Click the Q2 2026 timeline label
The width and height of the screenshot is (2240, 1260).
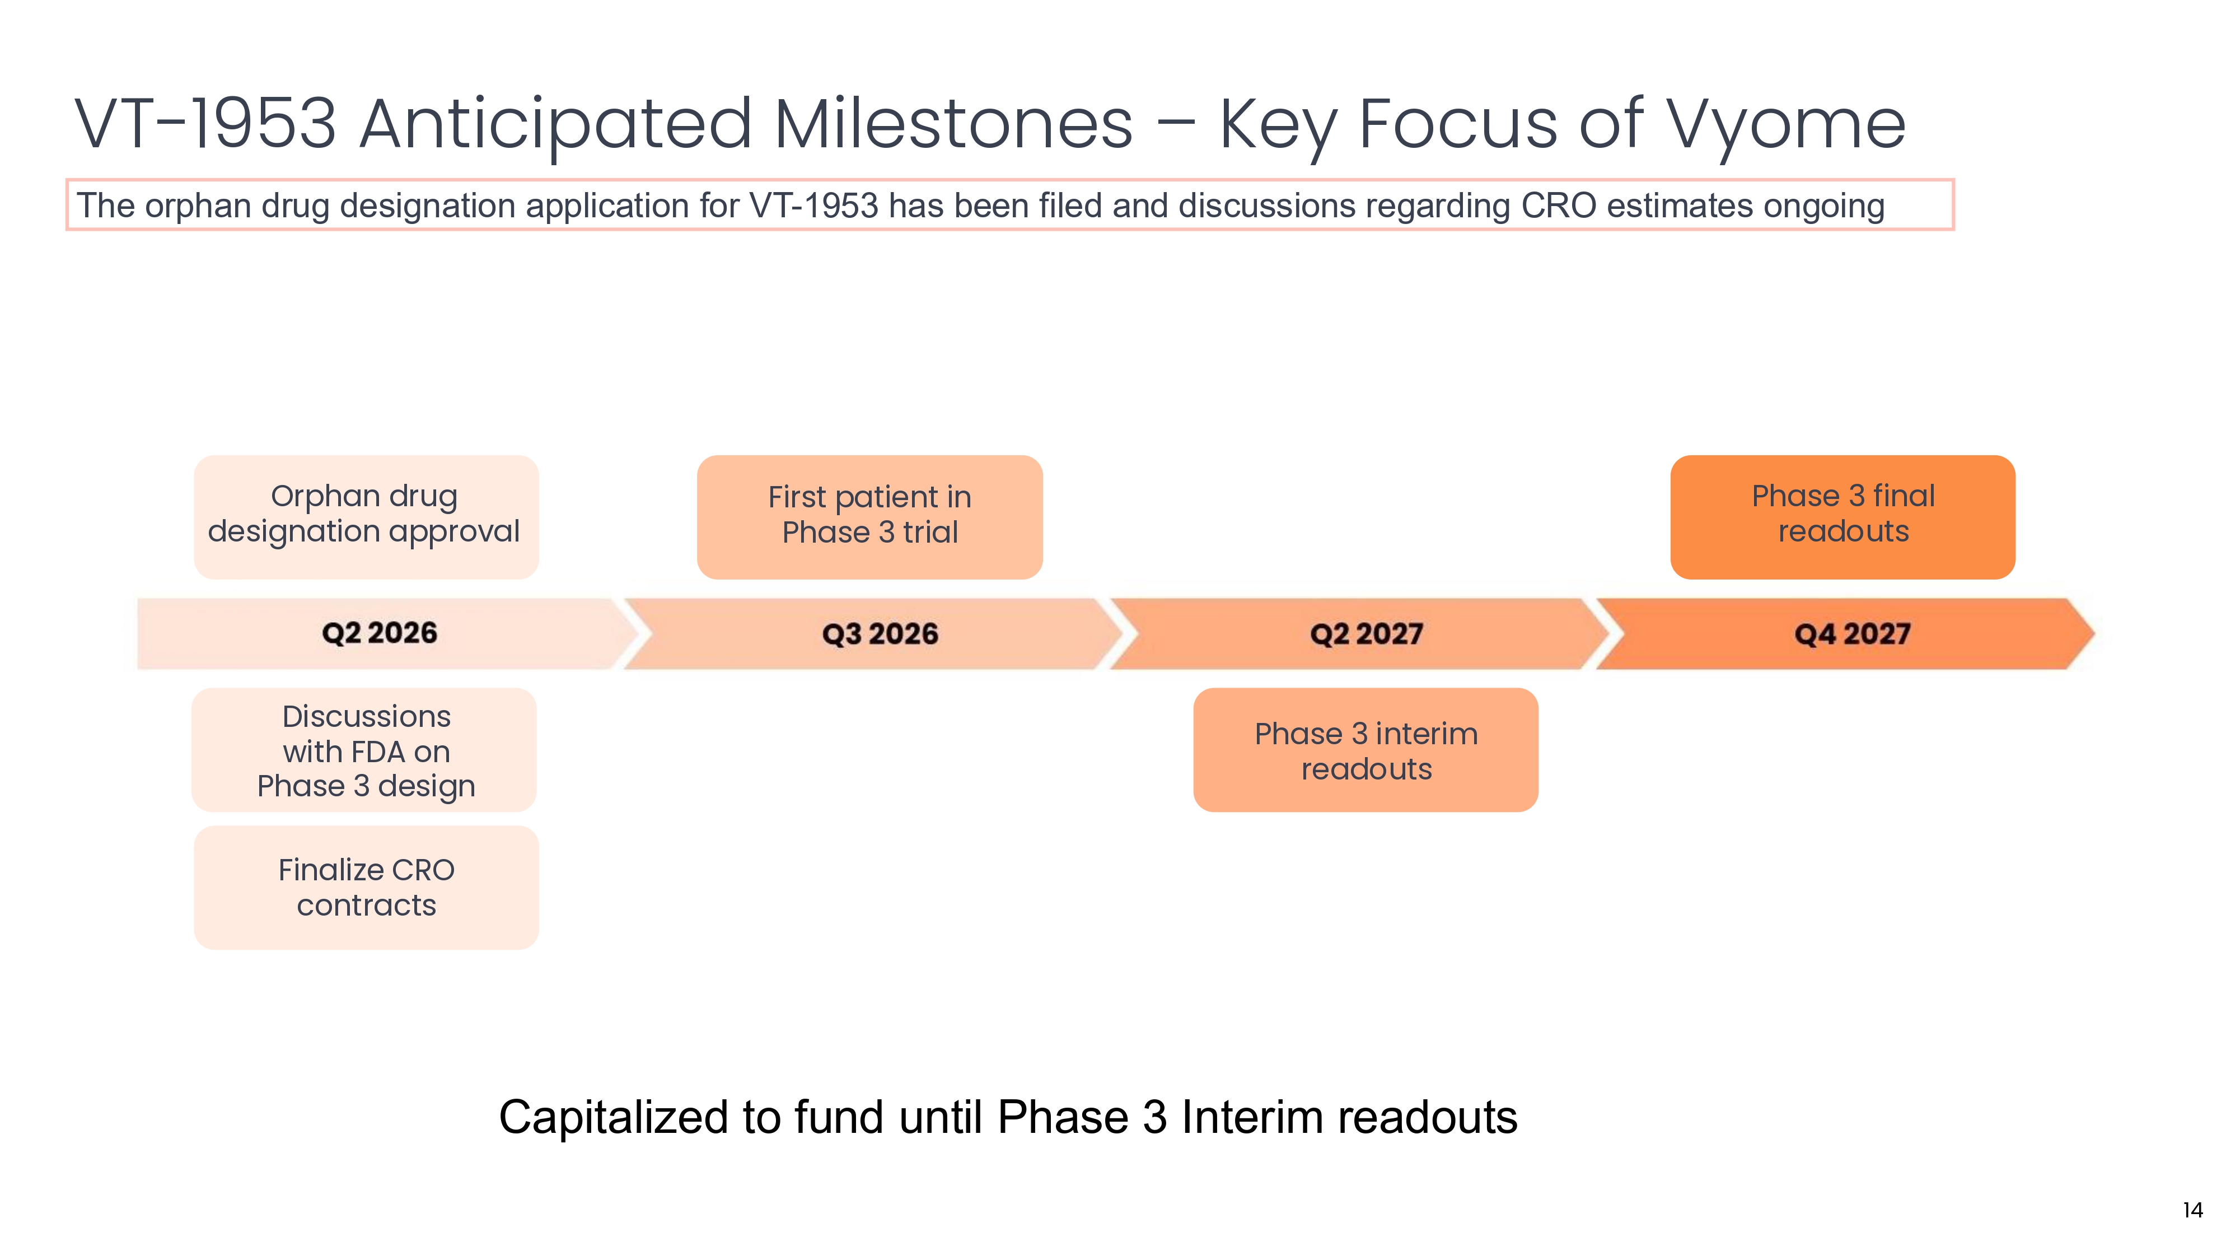click(x=379, y=633)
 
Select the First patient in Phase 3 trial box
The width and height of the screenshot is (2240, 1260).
click(x=869, y=516)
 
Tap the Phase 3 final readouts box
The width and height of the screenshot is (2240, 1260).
click(x=1842, y=516)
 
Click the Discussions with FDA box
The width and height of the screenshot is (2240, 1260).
click(x=364, y=750)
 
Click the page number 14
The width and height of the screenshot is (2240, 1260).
click(x=2192, y=1210)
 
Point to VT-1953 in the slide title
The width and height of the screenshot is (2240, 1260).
click(x=205, y=124)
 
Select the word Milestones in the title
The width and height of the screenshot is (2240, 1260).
click(x=954, y=124)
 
